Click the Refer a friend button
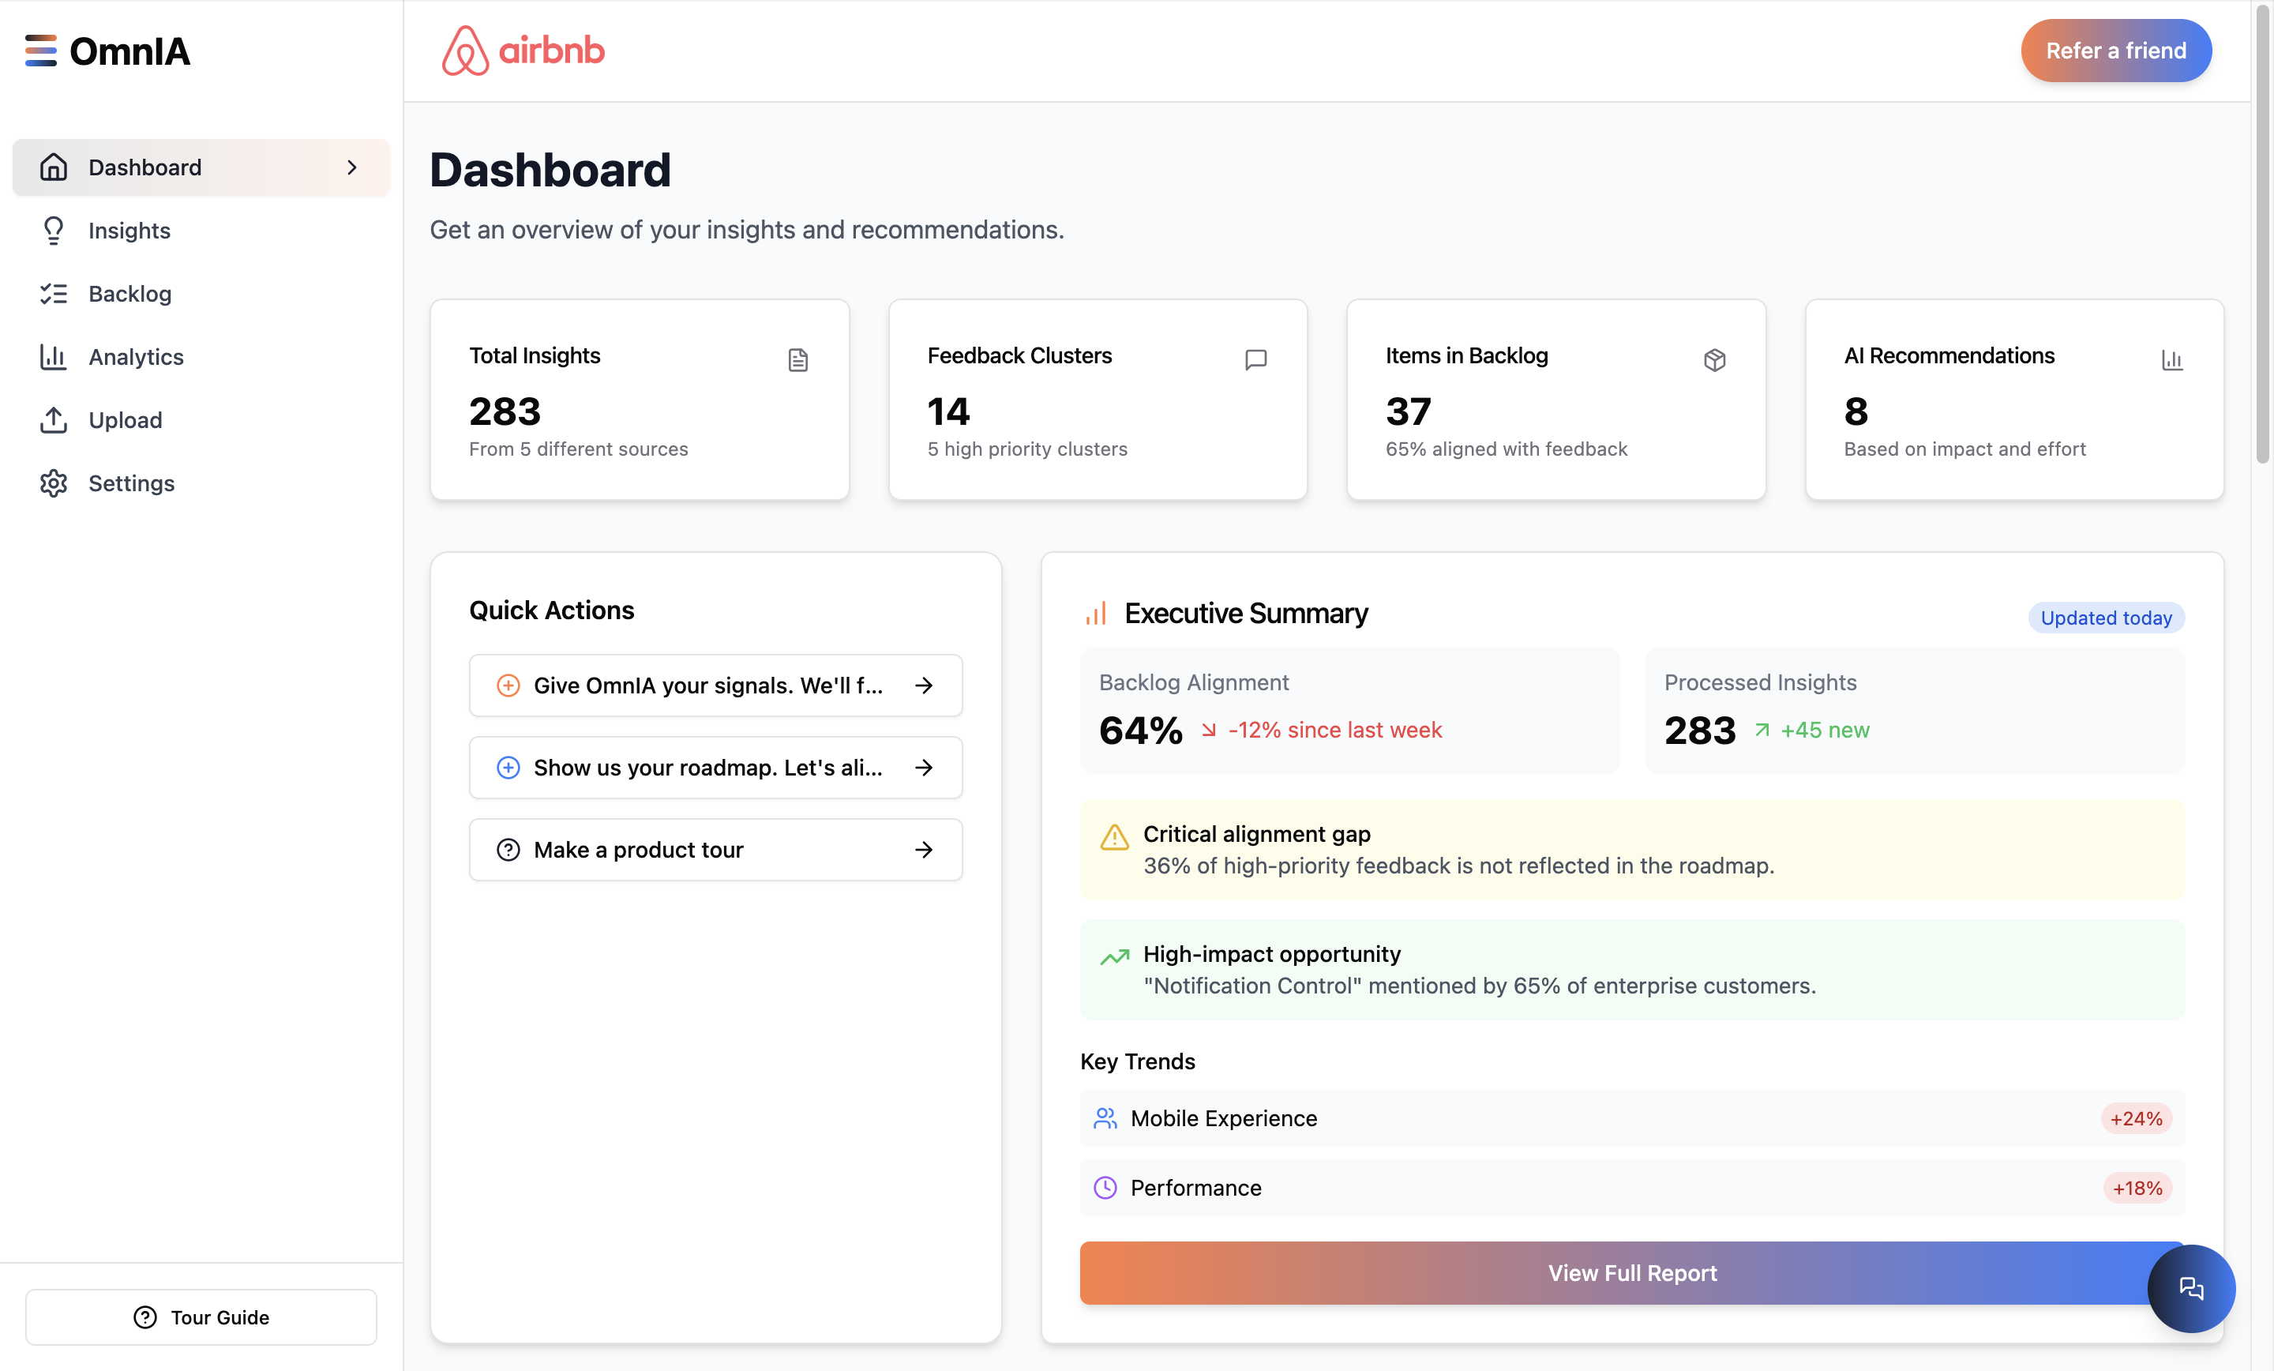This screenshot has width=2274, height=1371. (2115, 51)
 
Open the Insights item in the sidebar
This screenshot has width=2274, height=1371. (129, 231)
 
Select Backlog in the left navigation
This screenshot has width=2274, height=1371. (129, 294)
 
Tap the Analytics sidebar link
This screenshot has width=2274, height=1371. (136, 357)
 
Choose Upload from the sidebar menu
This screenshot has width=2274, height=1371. (125, 420)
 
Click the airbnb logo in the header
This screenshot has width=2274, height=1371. (523, 51)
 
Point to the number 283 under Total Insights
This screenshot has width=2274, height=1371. (505, 411)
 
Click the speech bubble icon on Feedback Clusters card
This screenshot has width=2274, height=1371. (1255, 359)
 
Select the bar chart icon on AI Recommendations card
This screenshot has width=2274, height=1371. (2171, 359)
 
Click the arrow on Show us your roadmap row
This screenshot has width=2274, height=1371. (924, 767)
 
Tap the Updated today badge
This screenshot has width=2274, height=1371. (2105, 618)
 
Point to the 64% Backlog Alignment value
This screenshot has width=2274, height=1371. (1141, 731)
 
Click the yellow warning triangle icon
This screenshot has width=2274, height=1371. (1115, 837)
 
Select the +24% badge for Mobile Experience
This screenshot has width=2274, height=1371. (2136, 1118)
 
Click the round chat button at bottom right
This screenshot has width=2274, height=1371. (2190, 1288)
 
